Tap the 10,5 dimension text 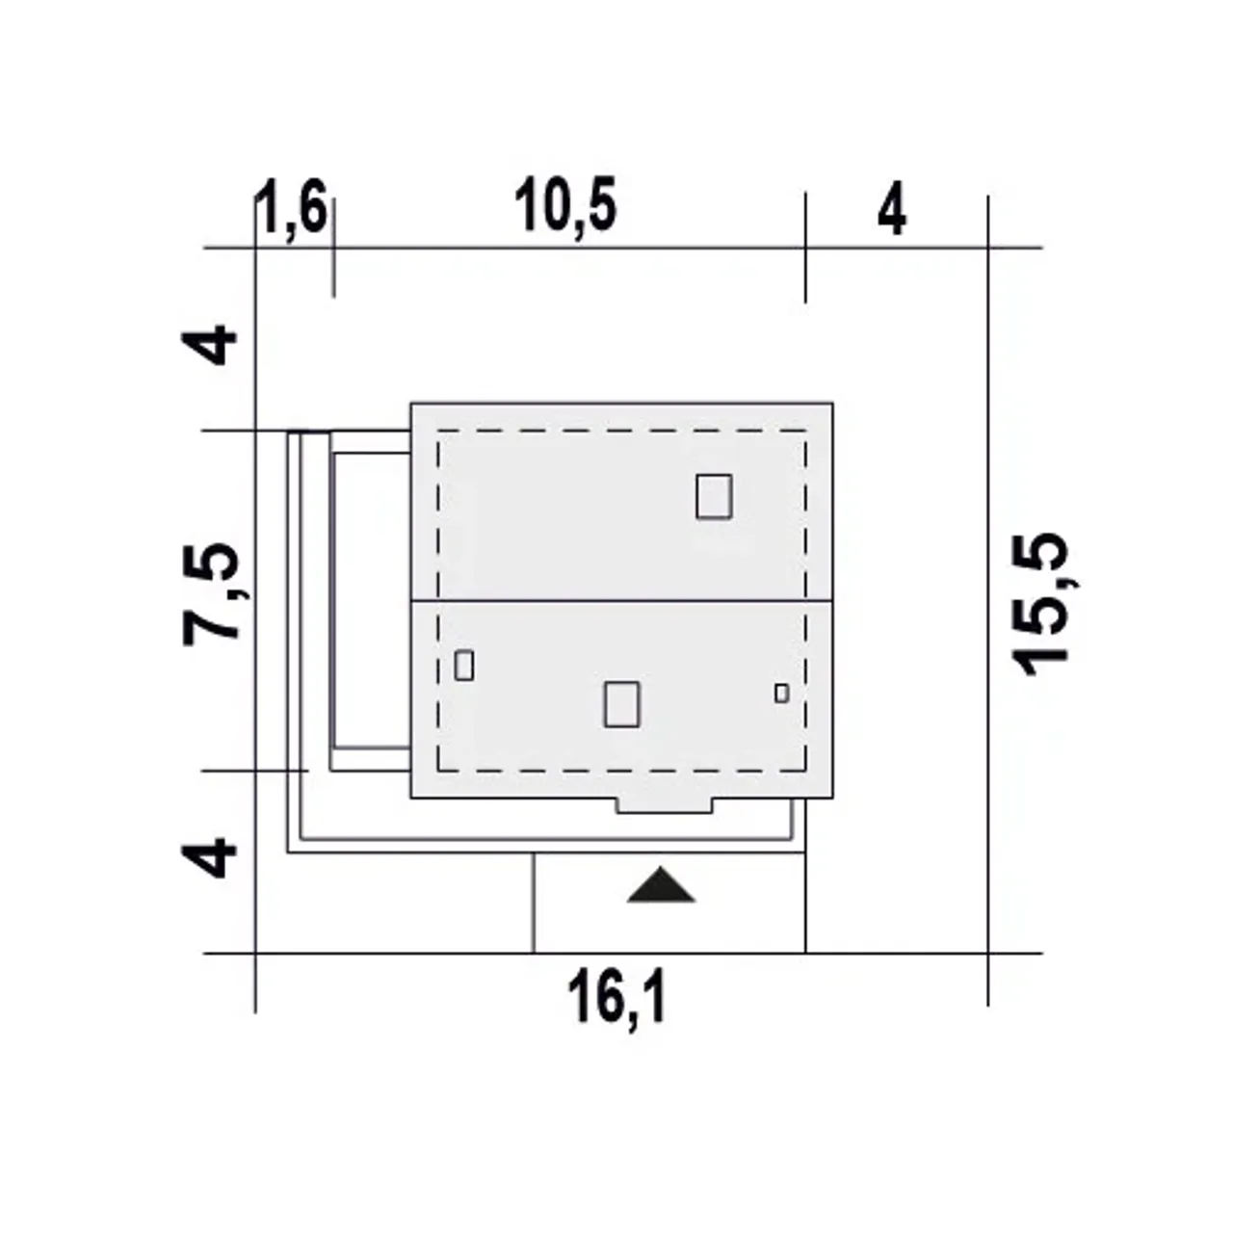(x=565, y=206)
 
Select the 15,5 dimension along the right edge (x=1041, y=605)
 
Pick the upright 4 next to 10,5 (x=892, y=208)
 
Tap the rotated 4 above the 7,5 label (x=209, y=345)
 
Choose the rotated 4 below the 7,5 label (x=209, y=857)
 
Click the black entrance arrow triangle (x=661, y=886)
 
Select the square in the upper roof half (x=714, y=496)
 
